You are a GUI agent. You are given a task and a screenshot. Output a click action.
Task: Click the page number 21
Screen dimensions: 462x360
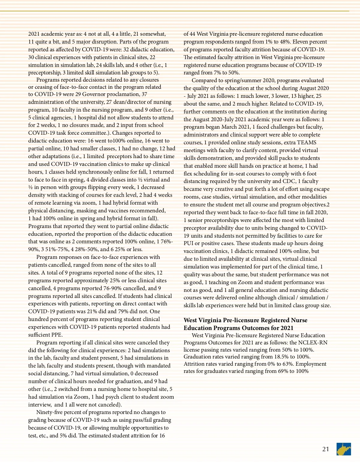pos(325,449)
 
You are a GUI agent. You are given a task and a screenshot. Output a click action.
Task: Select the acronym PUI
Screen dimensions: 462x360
pos(188,243)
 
